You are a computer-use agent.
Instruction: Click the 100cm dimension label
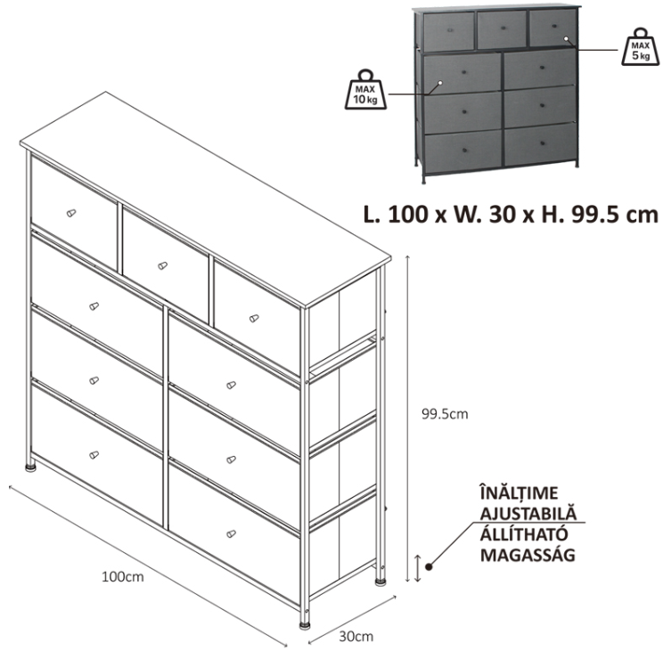pyautogui.click(x=123, y=577)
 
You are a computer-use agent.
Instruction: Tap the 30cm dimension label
pyautogui.click(x=356, y=636)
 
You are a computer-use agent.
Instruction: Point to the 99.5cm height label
pyautogui.click(x=445, y=414)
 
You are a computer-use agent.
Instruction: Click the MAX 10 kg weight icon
pyautogui.click(x=365, y=90)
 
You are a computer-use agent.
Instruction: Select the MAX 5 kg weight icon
pyautogui.click(x=641, y=47)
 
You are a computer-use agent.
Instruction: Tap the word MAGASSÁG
pyautogui.click(x=528, y=555)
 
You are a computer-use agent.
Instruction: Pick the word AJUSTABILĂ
pyautogui.click(x=528, y=513)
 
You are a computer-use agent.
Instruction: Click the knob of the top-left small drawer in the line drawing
pyautogui.click(x=71, y=213)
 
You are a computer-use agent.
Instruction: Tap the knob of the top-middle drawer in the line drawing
pyautogui.click(x=162, y=265)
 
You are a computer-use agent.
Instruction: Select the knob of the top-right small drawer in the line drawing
pyautogui.click(x=254, y=318)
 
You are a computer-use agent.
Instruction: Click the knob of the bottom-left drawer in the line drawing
pyautogui.click(x=94, y=455)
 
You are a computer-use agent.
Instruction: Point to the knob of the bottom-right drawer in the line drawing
pyautogui.click(x=231, y=533)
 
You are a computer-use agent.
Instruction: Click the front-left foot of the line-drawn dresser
pyautogui.click(x=30, y=467)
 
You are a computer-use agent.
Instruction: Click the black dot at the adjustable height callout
pyautogui.click(x=429, y=567)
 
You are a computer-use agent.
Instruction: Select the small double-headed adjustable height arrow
pyautogui.click(x=418, y=568)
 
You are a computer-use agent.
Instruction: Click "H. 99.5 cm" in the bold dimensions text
pyautogui.click(x=600, y=214)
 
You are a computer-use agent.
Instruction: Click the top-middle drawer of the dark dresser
pyautogui.click(x=502, y=29)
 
